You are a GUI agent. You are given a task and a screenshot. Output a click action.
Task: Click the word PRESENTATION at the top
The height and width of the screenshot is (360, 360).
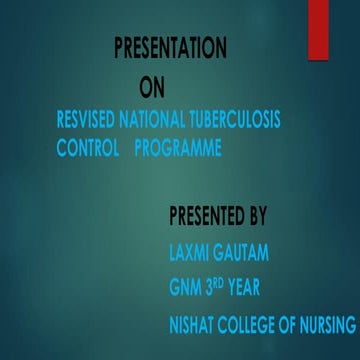click(x=170, y=47)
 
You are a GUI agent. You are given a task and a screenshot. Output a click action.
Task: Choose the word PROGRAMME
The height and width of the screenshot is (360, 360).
click(x=178, y=148)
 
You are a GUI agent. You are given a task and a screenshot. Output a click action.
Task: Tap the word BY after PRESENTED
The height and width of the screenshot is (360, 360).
click(x=257, y=213)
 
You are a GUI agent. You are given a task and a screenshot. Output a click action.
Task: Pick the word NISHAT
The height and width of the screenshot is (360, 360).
click(x=194, y=325)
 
